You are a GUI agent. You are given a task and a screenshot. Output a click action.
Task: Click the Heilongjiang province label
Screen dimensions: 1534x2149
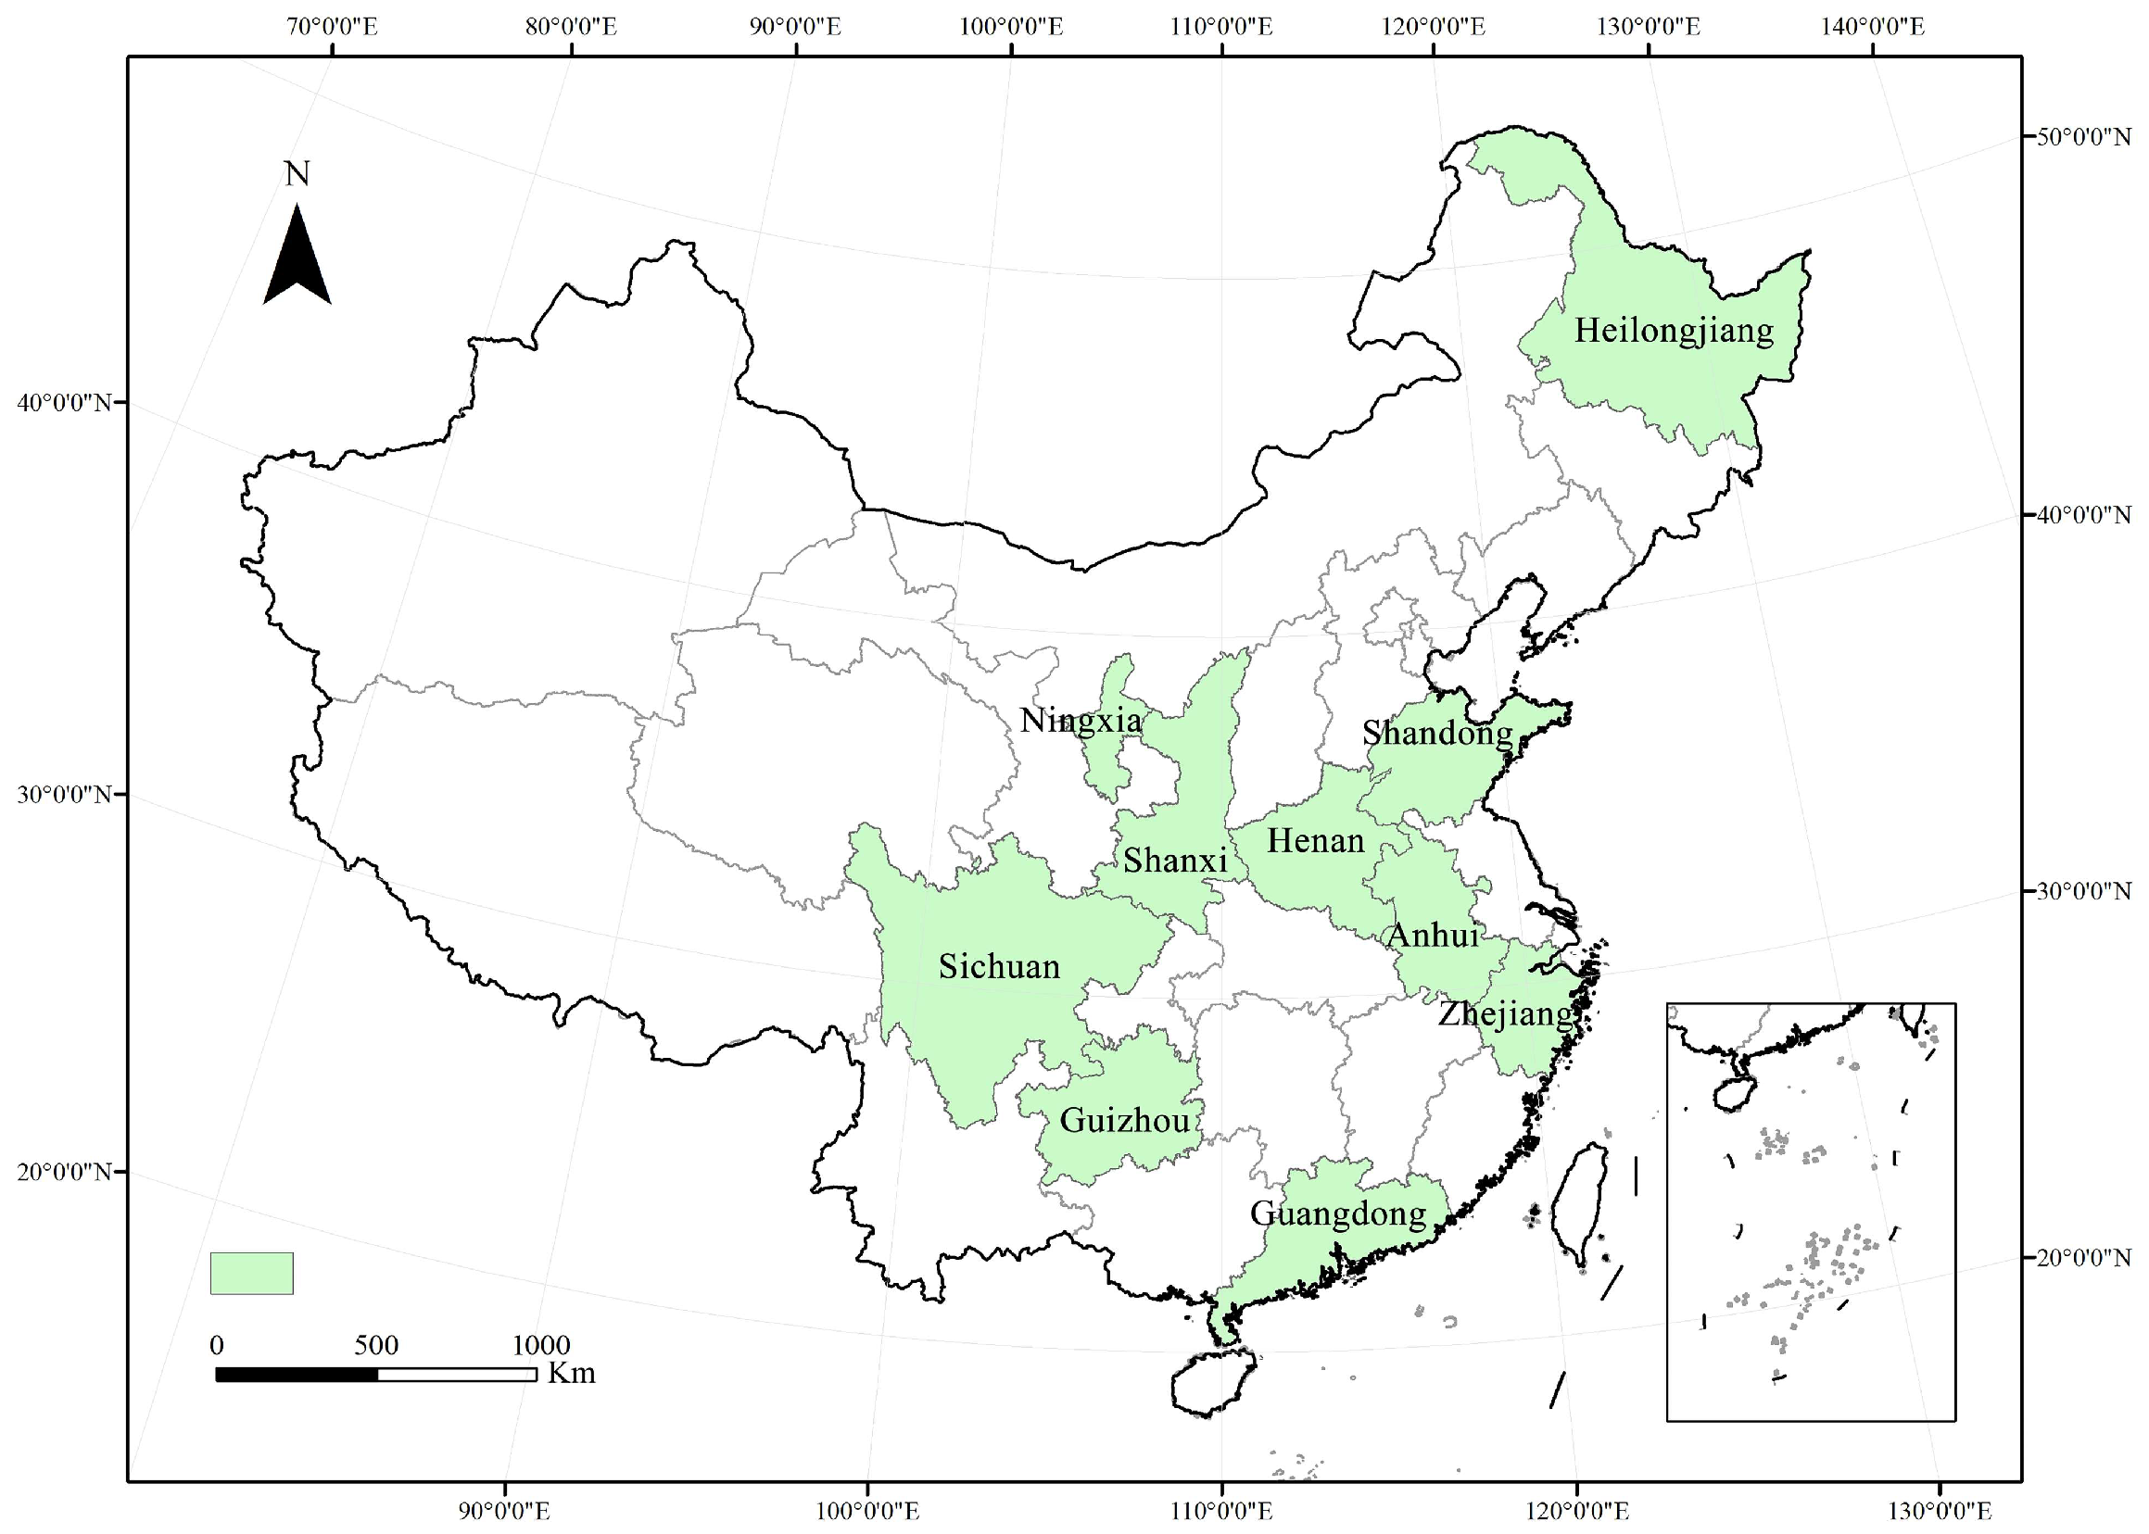pyautogui.click(x=1674, y=331)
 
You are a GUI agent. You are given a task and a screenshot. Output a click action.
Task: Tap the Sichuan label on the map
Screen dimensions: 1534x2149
pyautogui.click(x=999, y=966)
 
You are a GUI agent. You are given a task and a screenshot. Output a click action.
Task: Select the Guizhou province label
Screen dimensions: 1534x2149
pyautogui.click(x=1125, y=1120)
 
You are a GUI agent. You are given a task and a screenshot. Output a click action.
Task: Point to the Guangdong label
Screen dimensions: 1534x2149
pyautogui.click(x=1338, y=1213)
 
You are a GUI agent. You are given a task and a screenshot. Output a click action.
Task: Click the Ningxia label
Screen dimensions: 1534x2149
pyautogui.click(x=1081, y=721)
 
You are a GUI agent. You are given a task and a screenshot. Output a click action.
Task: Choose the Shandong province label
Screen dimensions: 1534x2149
pyautogui.click(x=1436, y=732)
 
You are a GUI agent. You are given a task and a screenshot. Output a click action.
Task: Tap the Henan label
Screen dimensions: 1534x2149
pyautogui.click(x=1316, y=840)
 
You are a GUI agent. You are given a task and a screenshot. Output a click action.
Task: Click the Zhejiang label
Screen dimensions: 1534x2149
pyautogui.click(x=1505, y=1014)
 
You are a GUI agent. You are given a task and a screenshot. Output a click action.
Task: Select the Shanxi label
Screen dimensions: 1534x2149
pyautogui.click(x=1175, y=860)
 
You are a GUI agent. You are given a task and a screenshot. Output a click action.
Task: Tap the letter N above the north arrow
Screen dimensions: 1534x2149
pyautogui.click(x=297, y=174)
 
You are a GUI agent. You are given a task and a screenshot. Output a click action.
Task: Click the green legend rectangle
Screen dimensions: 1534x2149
pyautogui.click(x=251, y=1273)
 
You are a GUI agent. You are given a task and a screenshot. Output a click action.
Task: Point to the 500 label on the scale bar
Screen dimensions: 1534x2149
pyautogui.click(x=376, y=1345)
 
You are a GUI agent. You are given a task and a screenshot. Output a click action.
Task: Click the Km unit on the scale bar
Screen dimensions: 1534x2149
pyautogui.click(x=572, y=1373)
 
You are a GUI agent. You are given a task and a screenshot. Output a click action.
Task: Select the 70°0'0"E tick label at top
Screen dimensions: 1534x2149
pyautogui.click(x=332, y=26)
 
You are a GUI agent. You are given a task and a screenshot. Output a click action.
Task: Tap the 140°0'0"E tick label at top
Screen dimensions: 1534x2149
pyautogui.click(x=1872, y=26)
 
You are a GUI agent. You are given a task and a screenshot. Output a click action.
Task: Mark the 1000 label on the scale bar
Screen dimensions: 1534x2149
pyautogui.click(x=540, y=1345)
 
